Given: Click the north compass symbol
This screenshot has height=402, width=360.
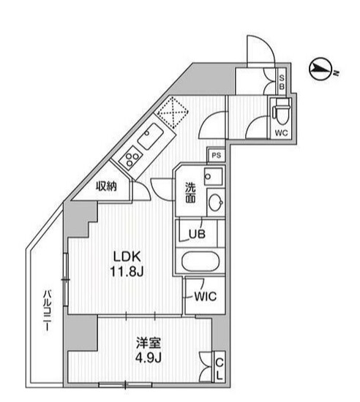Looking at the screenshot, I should (319, 70).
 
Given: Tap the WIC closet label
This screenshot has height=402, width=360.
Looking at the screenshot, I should (203, 297).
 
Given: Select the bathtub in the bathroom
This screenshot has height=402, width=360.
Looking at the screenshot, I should (199, 261).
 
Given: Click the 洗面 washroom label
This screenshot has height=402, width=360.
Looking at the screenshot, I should (190, 191).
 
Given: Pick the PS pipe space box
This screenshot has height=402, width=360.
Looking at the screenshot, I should (215, 156).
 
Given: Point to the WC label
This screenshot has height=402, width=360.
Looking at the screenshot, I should (281, 133).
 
